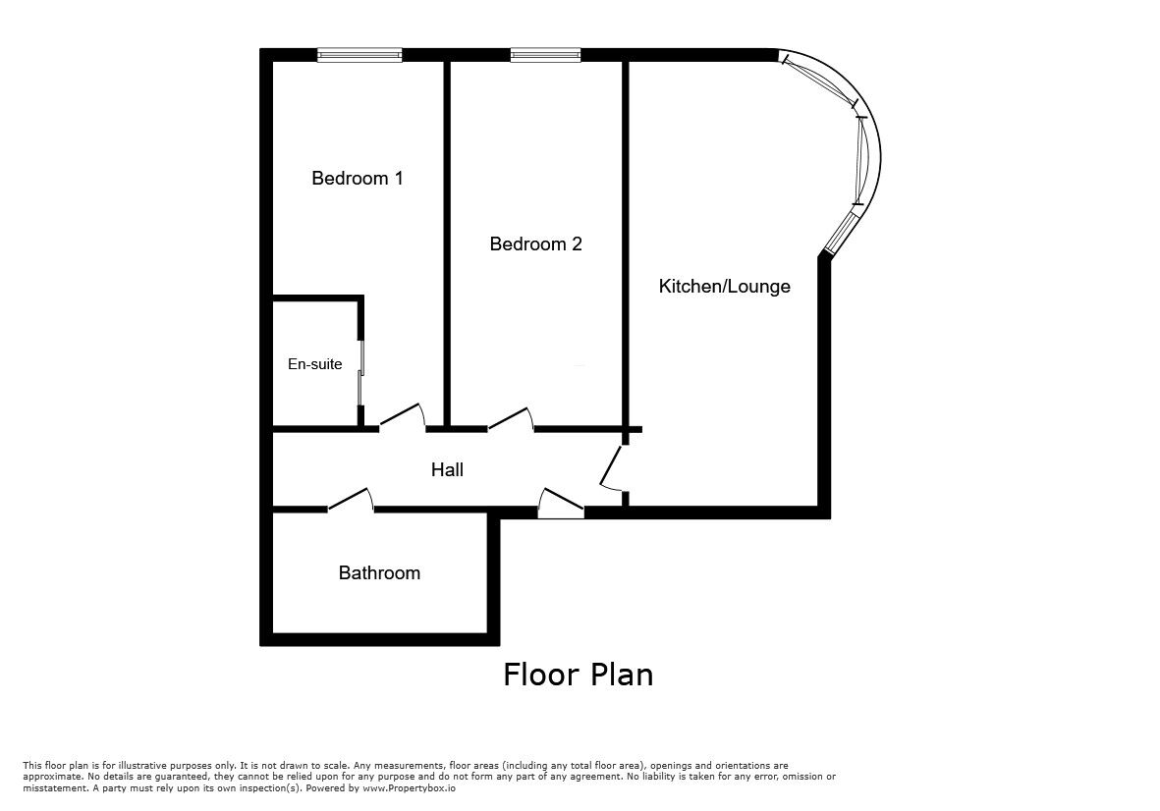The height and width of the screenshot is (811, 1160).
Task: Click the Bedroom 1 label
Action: tap(358, 178)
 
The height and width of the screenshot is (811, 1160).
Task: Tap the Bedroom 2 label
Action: tap(535, 243)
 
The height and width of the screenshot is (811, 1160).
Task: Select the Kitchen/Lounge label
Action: tap(724, 287)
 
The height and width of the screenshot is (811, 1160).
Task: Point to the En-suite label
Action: tap(315, 363)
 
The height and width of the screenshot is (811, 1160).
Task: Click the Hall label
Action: tap(448, 469)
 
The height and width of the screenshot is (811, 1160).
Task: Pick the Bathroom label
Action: tap(379, 573)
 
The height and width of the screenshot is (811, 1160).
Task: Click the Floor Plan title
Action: tap(579, 675)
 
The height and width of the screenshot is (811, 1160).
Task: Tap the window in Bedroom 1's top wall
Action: tap(359, 55)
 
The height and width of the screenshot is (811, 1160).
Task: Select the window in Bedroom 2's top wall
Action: tap(545, 55)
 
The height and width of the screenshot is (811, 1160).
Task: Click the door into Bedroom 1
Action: tap(403, 417)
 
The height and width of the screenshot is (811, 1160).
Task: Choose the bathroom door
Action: tap(351, 500)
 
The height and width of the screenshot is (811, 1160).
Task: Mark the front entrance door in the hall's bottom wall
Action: tap(561, 503)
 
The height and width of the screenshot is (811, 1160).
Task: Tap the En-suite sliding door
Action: tap(361, 373)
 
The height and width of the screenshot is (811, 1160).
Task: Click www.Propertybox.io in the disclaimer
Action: tap(410, 788)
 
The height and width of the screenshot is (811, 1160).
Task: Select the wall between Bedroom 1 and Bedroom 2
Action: tap(447, 243)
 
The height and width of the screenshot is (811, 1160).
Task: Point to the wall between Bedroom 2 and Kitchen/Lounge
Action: tap(625, 243)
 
